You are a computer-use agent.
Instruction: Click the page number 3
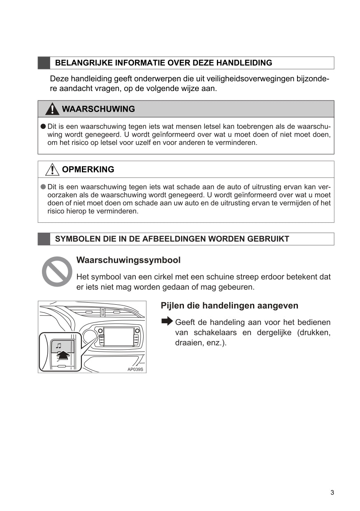pyautogui.click(x=332, y=492)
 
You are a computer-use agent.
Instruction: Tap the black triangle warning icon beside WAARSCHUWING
pyautogui.click(x=52, y=109)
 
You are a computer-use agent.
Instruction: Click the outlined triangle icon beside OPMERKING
pyautogui.click(x=52, y=169)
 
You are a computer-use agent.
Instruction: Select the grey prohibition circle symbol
pyautogui.click(x=57, y=271)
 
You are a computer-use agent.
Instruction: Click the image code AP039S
pyautogui.click(x=135, y=369)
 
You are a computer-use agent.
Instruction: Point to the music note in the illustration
pyautogui.click(x=58, y=345)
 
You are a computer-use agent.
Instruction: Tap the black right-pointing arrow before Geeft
pyautogui.click(x=167, y=321)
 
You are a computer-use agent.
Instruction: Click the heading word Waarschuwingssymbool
pyautogui.click(x=128, y=260)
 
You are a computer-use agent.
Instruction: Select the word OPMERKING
pyautogui.click(x=88, y=169)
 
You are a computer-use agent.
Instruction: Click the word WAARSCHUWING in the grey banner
pyautogui.click(x=98, y=109)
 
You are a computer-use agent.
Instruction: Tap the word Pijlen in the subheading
pyautogui.click(x=173, y=306)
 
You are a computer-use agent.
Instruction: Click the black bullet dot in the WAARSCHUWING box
pyautogui.click(x=43, y=127)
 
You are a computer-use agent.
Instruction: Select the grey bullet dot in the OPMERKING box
pyautogui.click(x=43, y=187)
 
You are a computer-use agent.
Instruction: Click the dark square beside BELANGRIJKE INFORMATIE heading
pyautogui.click(x=44, y=63)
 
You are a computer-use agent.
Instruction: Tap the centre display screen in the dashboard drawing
pyautogui.click(x=119, y=337)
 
